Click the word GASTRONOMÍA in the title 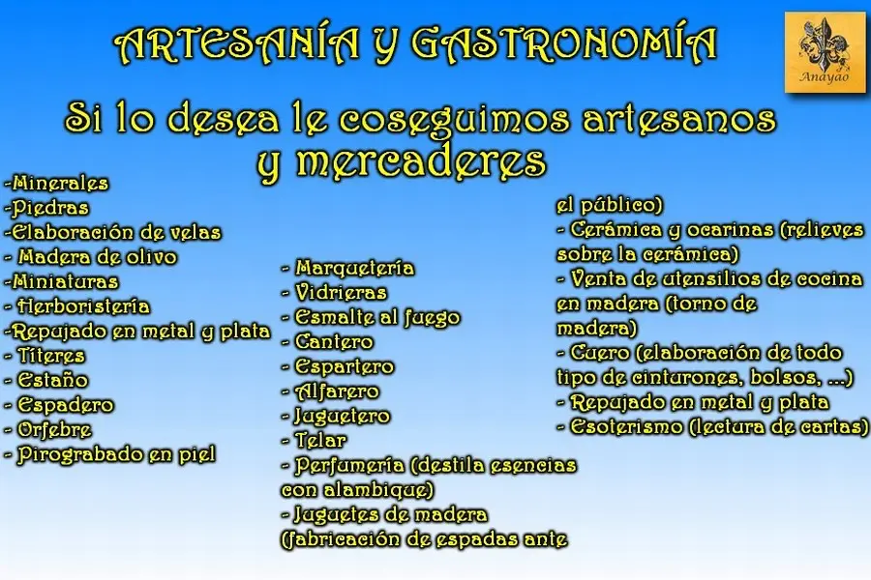(564, 43)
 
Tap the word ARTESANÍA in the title (237, 43)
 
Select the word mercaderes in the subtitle (422, 161)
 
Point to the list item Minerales (56, 183)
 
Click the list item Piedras (46, 208)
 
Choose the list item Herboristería (77, 306)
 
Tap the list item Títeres (45, 356)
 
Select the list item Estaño (46, 380)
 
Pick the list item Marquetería (348, 268)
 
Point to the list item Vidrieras (335, 293)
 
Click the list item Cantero (328, 342)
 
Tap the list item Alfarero (331, 391)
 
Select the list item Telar (315, 441)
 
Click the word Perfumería (349, 465)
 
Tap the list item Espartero (339, 367)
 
